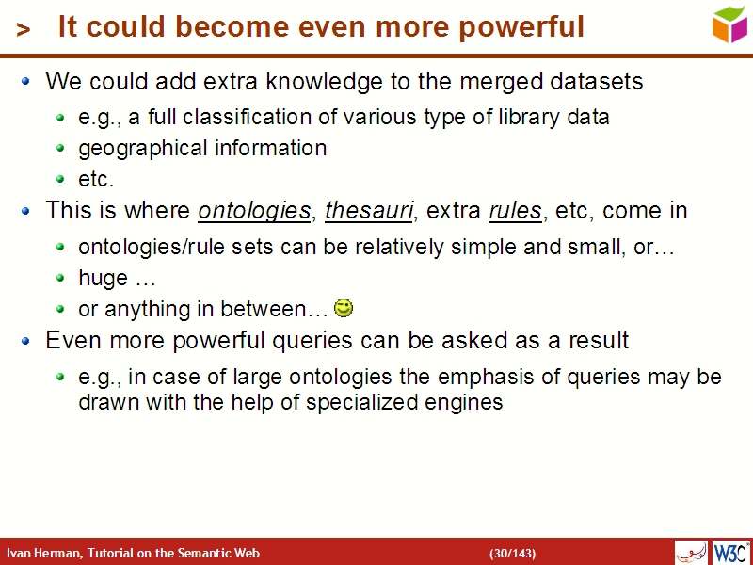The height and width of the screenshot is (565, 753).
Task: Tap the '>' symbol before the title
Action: pos(24,30)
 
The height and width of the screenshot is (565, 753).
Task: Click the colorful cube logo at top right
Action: pos(729,24)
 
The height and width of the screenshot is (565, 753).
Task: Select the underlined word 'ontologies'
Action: pos(254,211)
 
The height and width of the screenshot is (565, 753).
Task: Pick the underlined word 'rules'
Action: pos(515,211)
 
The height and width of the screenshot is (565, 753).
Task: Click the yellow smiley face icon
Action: pos(344,307)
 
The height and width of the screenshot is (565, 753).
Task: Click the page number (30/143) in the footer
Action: pos(512,553)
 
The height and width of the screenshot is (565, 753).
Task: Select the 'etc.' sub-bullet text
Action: pos(95,179)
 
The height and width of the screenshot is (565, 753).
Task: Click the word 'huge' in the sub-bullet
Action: pos(103,279)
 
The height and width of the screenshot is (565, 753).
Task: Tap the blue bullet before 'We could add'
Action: pos(26,82)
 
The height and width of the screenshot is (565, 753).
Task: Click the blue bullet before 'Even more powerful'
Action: pos(26,340)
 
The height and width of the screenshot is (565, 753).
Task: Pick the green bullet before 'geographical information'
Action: pos(60,149)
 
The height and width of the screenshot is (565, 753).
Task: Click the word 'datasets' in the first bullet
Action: pos(599,82)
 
